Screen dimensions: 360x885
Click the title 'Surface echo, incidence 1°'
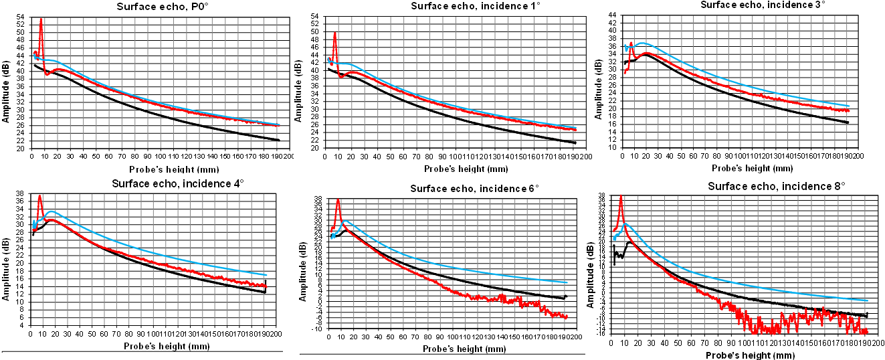pos(446,6)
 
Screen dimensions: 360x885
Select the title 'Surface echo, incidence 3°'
pos(743,5)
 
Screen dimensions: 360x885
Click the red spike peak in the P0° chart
pos(41,19)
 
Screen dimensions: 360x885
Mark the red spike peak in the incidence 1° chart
pos(334,33)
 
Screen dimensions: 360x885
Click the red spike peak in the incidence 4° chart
pos(40,196)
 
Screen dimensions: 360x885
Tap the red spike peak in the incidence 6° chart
pos(338,199)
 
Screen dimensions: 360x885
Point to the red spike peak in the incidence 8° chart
pos(621,197)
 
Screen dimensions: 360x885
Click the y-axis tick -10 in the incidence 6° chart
pos(318,329)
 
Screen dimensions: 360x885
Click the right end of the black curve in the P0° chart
pos(278,140)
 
